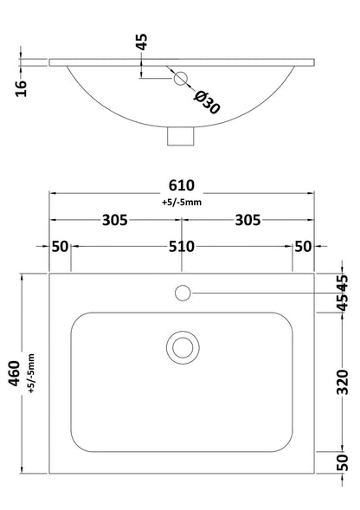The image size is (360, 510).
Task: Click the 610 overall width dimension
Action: pos(182,186)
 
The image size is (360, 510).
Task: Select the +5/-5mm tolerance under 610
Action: pos(182,203)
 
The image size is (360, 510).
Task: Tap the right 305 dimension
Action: pos(249,220)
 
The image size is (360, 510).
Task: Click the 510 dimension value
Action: pos(182,246)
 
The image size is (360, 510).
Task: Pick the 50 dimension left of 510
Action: pos(59,246)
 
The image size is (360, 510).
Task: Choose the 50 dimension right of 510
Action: pos(303,246)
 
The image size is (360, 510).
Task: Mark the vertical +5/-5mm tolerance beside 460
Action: pos(31,373)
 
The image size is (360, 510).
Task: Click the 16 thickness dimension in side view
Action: pos(22,87)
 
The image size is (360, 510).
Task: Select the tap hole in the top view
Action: pos(183,293)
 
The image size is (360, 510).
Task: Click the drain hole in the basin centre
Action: pos(183,348)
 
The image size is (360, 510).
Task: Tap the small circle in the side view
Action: pos(181,80)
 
